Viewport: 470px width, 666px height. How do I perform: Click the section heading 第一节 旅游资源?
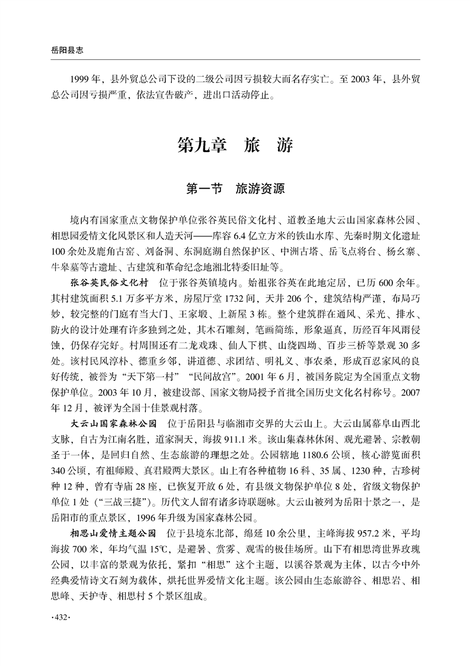click(235, 189)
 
